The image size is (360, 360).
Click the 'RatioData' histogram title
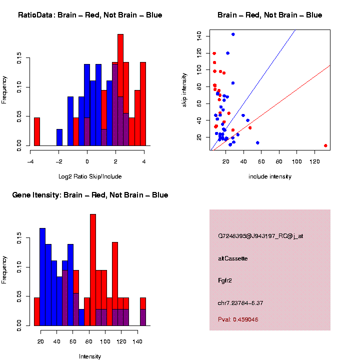coord(90,15)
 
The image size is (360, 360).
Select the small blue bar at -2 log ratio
coord(59,137)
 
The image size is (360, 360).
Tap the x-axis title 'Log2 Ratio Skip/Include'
coord(90,176)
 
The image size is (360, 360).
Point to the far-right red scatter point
coord(325,145)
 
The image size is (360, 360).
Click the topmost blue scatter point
coord(233,34)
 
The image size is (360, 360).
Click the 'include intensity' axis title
coord(270,176)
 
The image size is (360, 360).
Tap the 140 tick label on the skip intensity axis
coord(199,35)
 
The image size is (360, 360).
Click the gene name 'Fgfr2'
coord(225,280)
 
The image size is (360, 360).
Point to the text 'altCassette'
coord(233,258)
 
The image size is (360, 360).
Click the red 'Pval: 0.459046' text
coord(238,319)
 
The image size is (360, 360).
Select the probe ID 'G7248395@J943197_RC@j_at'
coord(260,236)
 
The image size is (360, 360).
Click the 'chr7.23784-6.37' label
coord(240,303)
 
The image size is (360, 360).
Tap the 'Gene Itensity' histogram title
coord(90,195)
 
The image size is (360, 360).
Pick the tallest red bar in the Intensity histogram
coord(93,270)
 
